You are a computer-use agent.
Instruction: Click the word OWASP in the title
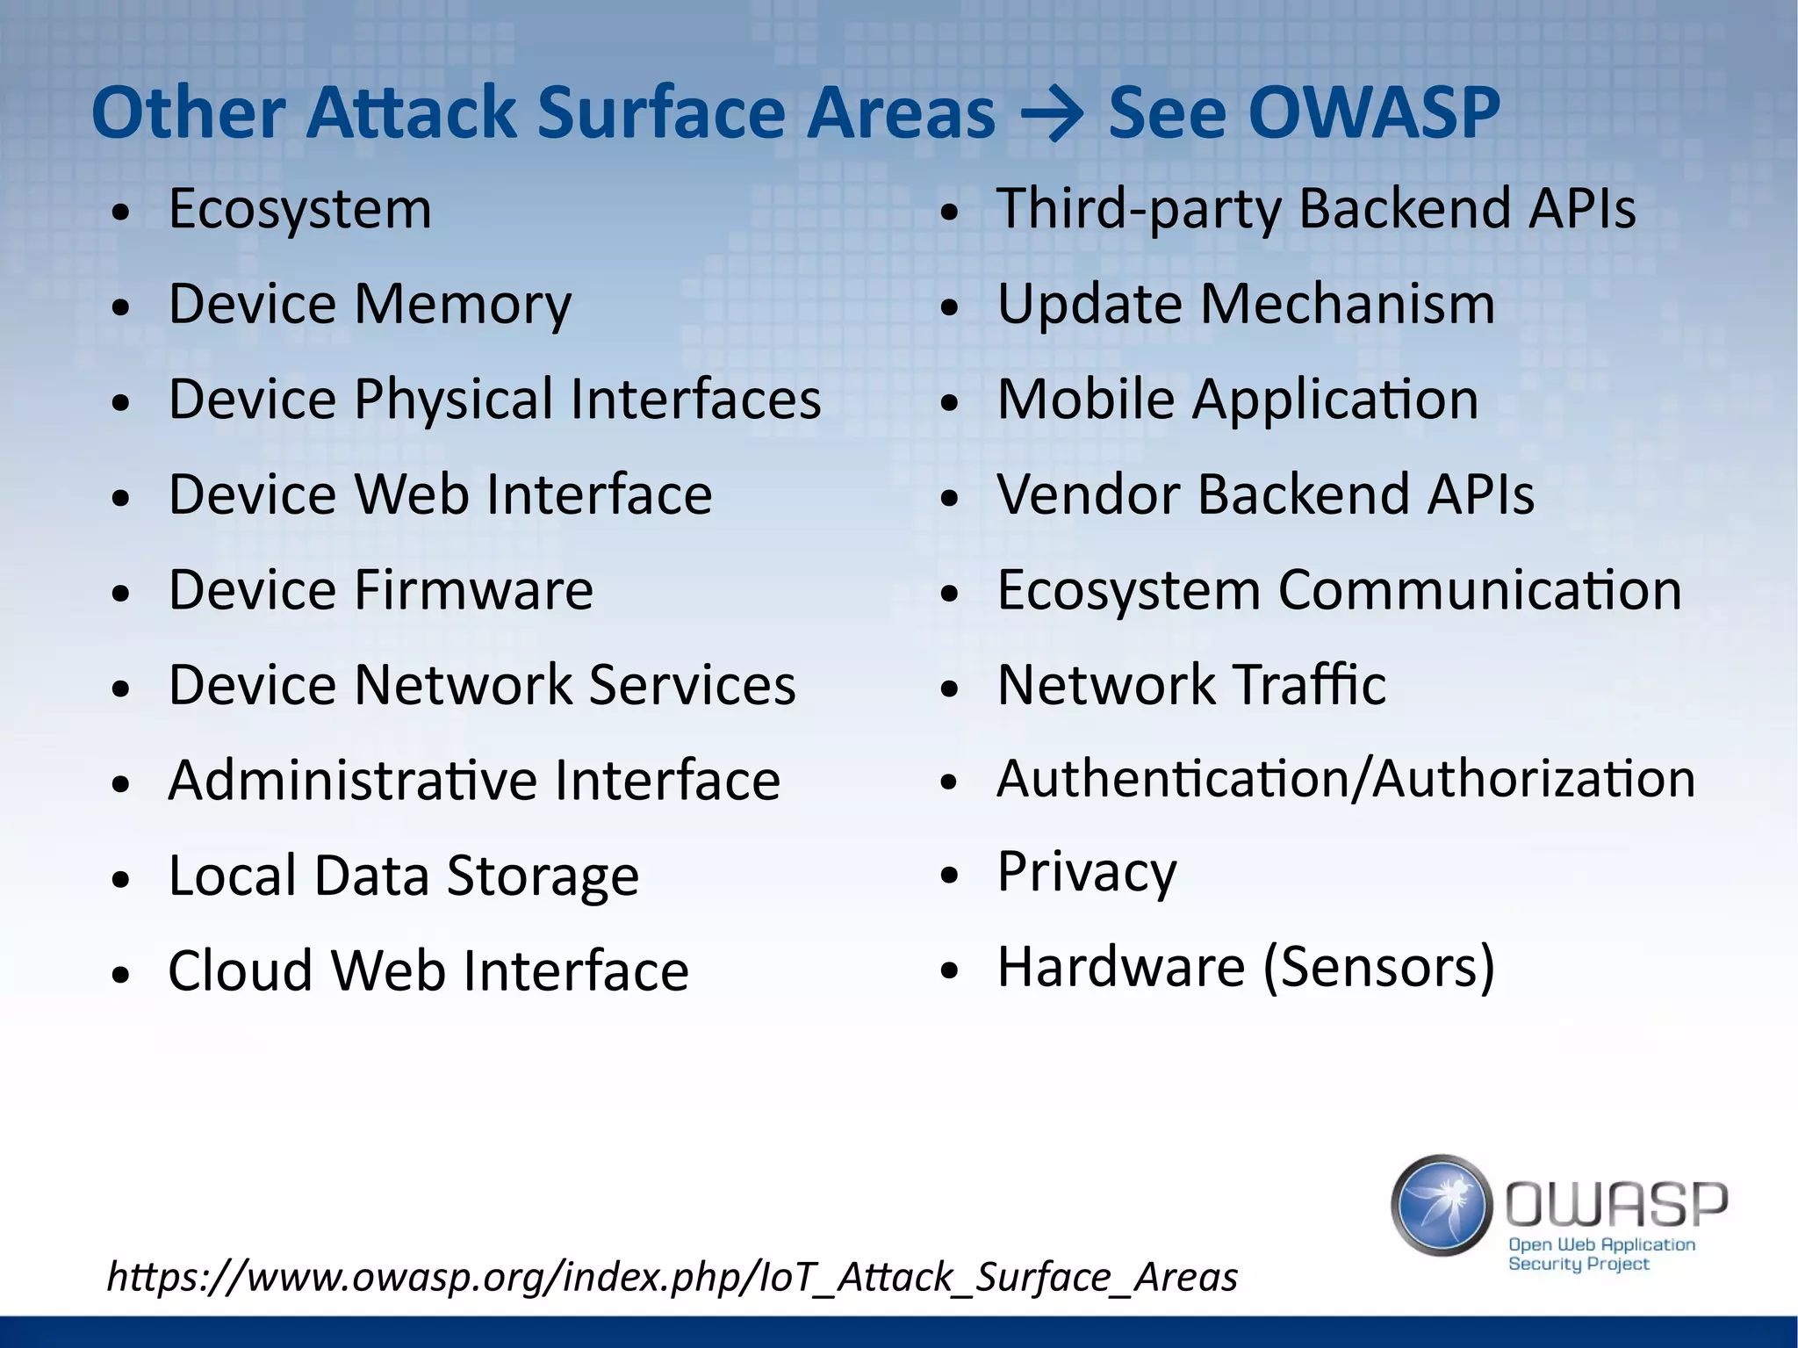(x=1374, y=113)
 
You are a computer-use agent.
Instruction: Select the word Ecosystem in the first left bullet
(x=299, y=211)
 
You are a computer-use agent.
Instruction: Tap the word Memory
(x=463, y=306)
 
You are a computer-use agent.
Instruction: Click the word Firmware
(x=473, y=589)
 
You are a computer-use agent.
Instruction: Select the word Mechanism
(x=1347, y=305)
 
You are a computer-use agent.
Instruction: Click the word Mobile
(x=1086, y=400)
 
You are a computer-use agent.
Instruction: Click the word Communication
(x=1479, y=589)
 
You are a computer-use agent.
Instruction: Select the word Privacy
(x=1087, y=873)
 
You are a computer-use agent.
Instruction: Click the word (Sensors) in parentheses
(x=1378, y=968)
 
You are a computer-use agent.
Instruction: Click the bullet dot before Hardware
(x=949, y=971)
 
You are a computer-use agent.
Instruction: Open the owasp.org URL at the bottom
(x=672, y=1277)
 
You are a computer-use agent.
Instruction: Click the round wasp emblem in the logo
(x=1442, y=1205)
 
